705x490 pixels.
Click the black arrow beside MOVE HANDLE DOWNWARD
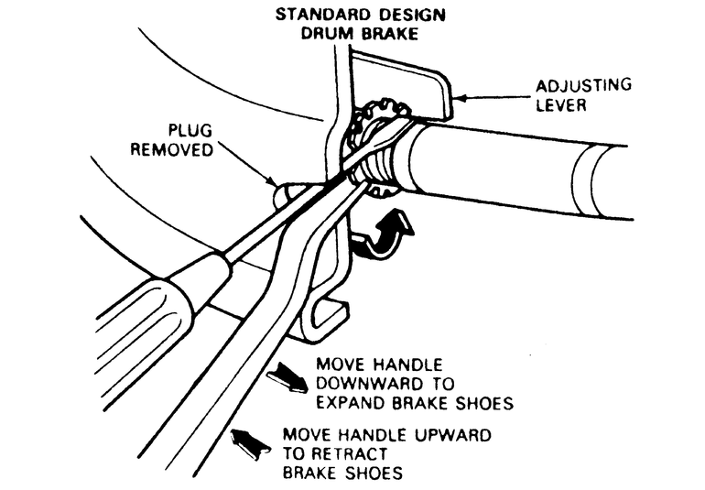coord(287,375)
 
